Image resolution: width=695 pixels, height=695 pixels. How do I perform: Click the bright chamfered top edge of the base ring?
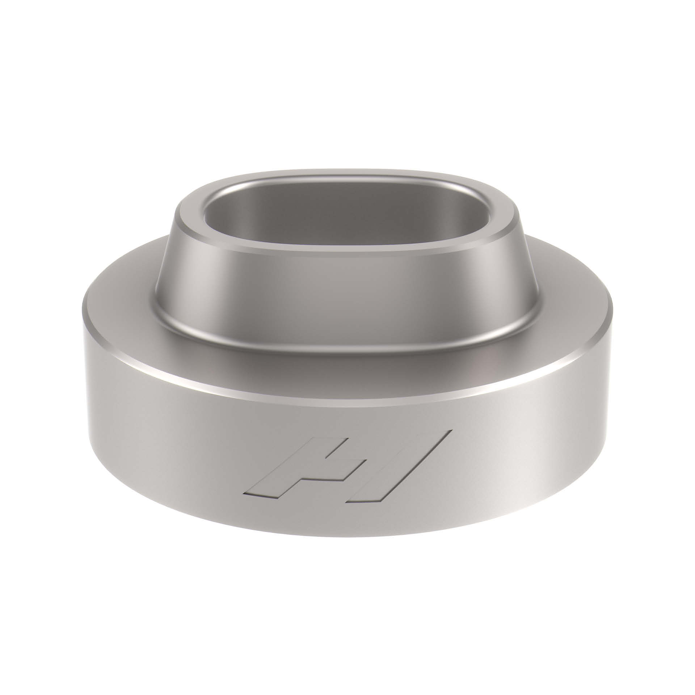point(344,397)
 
